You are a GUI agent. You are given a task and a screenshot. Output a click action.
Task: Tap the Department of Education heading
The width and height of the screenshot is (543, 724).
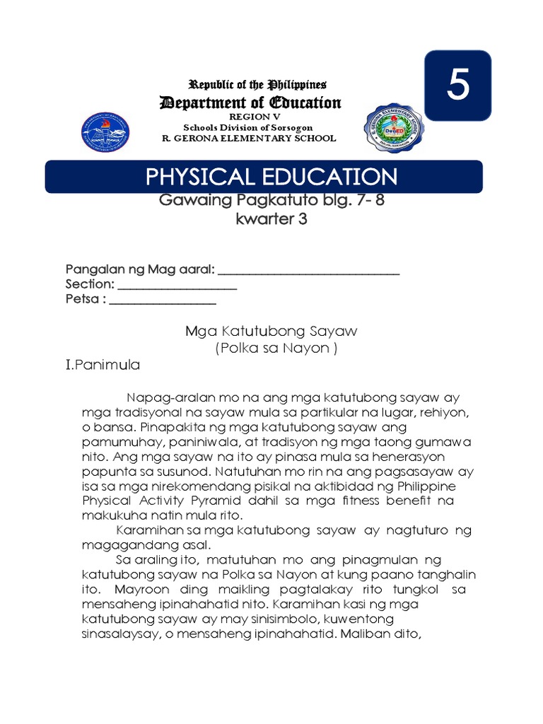(250, 103)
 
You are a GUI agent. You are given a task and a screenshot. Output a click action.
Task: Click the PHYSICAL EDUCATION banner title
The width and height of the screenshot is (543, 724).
(271, 177)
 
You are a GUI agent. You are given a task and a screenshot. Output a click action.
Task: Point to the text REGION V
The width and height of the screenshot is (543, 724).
(250, 116)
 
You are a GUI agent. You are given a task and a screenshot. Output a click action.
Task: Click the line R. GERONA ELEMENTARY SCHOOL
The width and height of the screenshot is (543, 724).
(249, 138)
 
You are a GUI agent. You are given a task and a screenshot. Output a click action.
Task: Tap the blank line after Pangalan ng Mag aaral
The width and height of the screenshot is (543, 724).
(308, 272)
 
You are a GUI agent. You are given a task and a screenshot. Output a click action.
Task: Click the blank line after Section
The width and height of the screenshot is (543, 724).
(177, 287)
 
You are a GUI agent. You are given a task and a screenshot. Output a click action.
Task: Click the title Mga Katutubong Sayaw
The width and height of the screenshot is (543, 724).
(271, 331)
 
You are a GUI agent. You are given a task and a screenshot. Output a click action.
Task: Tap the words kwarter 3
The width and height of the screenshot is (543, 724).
(271, 219)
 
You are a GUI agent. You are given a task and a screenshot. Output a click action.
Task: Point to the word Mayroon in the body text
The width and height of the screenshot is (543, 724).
(138, 589)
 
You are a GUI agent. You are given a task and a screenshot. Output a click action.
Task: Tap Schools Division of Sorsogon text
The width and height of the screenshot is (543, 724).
(250, 127)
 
